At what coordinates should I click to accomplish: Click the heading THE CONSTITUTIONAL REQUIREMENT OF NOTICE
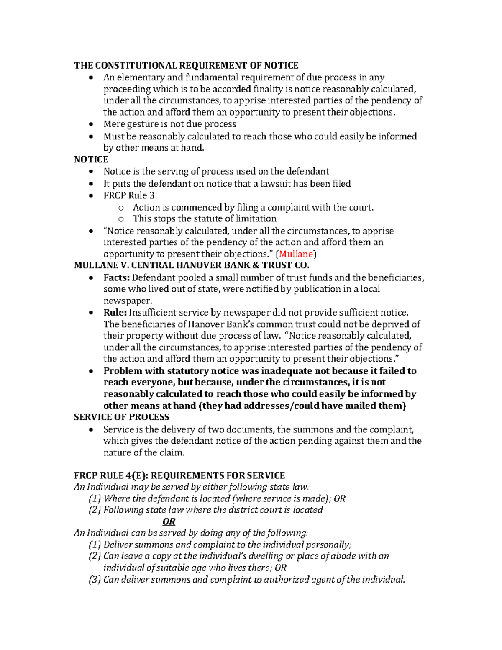click(186, 65)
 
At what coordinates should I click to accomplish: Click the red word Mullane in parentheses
click(296, 254)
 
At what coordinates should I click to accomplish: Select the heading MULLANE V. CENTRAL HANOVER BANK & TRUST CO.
click(192, 265)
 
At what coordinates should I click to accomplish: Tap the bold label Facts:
click(117, 277)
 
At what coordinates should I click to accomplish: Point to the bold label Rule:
click(115, 313)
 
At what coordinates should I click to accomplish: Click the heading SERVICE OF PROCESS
click(121, 417)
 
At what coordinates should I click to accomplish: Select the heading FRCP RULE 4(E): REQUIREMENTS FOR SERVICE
click(179, 475)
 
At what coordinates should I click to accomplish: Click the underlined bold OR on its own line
click(169, 522)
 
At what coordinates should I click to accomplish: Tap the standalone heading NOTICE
click(91, 159)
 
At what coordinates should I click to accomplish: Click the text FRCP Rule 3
click(129, 195)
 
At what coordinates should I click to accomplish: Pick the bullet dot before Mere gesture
click(91, 125)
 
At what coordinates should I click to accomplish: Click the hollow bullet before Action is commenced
click(121, 208)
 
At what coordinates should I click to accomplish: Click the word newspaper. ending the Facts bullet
click(128, 301)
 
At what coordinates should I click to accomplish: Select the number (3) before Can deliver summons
click(95, 580)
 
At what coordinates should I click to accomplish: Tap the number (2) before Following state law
click(95, 510)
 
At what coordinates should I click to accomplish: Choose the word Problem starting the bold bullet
click(123, 371)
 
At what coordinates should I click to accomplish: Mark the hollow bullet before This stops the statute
click(121, 219)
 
